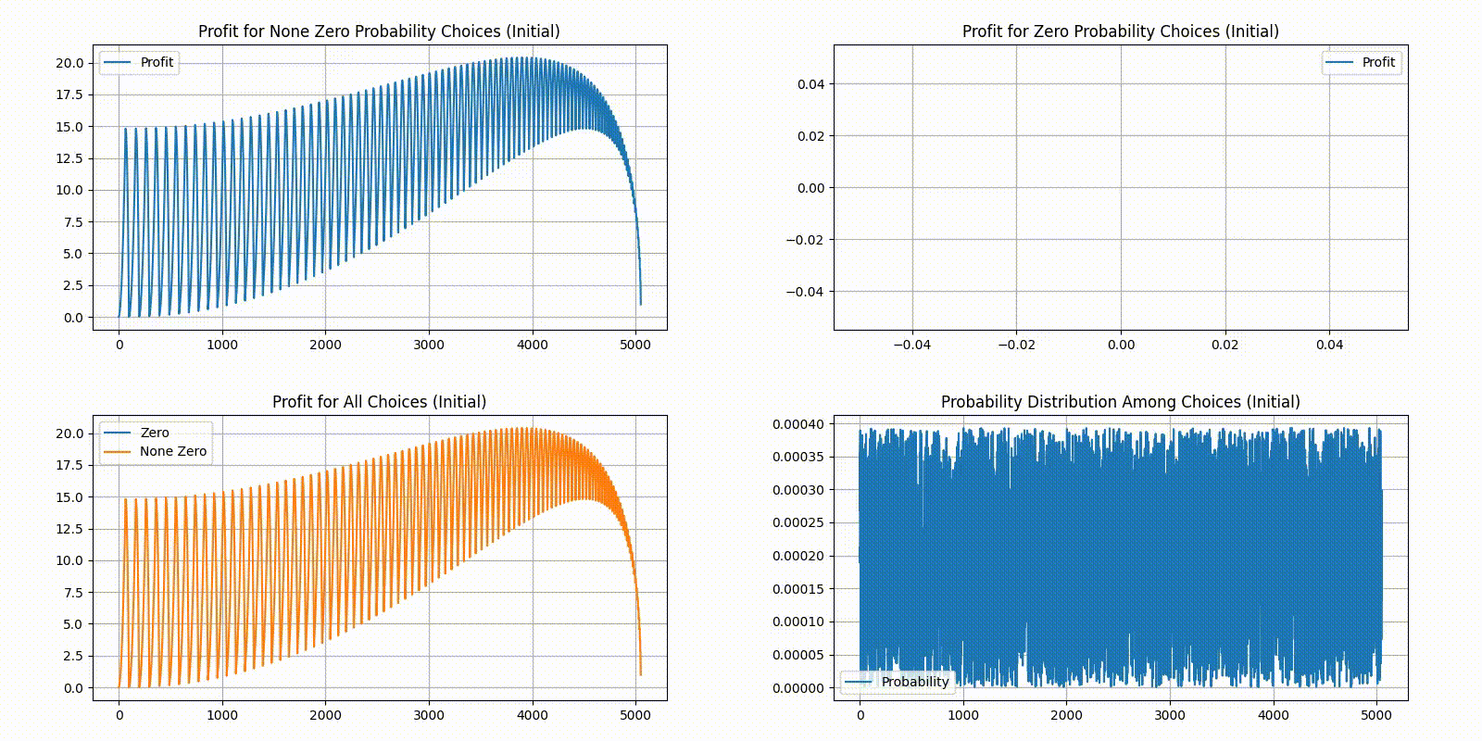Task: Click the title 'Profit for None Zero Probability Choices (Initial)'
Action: click(379, 31)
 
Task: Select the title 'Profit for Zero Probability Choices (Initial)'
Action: click(1120, 31)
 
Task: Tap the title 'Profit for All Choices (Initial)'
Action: click(379, 402)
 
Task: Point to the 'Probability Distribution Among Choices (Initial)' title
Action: click(1120, 402)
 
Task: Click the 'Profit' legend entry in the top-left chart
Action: click(157, 62)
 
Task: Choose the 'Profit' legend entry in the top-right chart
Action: click(1377, 62)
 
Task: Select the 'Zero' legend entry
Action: click(154, 433)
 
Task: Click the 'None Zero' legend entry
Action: click(173, 451)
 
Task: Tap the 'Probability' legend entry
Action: click(914, 682)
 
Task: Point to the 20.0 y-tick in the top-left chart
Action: click(69, 63)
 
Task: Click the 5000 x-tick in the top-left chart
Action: click(634, 345)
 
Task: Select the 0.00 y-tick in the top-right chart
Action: click(810, 188)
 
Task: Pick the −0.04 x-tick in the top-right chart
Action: click(911, 345)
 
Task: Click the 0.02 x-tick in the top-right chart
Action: click(1225, 345)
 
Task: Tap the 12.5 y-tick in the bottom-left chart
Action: click(69, 529)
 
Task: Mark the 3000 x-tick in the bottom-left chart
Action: click(428, 715)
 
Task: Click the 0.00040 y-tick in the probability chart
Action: click(798, 424)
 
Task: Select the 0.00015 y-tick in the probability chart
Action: click(798, 589)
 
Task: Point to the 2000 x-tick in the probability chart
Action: click(1066, 715)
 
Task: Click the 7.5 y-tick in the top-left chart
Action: click(74, 222)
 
